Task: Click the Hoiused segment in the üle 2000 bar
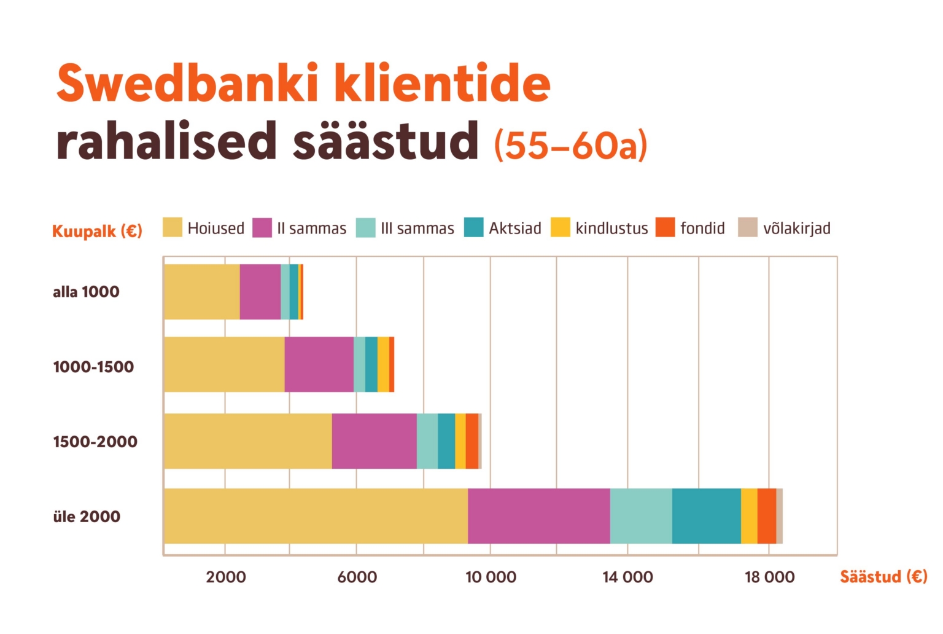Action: pos(316,516)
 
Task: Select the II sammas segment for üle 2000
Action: pos(539,516)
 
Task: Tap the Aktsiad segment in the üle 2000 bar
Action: pos(707,516)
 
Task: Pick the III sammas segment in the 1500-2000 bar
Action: pos(427,441)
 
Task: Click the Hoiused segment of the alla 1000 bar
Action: pos(202,292)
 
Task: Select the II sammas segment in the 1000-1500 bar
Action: pos(319,364)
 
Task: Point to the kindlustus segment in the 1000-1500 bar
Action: pos(383,364)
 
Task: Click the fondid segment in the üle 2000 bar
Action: pos(767,516)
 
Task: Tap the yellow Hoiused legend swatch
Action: pos(173,227)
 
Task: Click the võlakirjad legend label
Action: pos(797,229)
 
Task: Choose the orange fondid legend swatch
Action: pos(666,227)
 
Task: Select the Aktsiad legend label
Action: pos(515,229)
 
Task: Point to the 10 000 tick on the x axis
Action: pos(491,577)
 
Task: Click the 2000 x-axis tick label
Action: pos(226,577)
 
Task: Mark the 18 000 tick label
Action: pos(769,577)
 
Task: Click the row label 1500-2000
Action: pos(95,442)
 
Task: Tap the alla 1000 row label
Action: pos(86,292)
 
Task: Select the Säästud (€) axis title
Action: pos(883,577)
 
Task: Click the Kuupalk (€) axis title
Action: pos(97,231)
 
